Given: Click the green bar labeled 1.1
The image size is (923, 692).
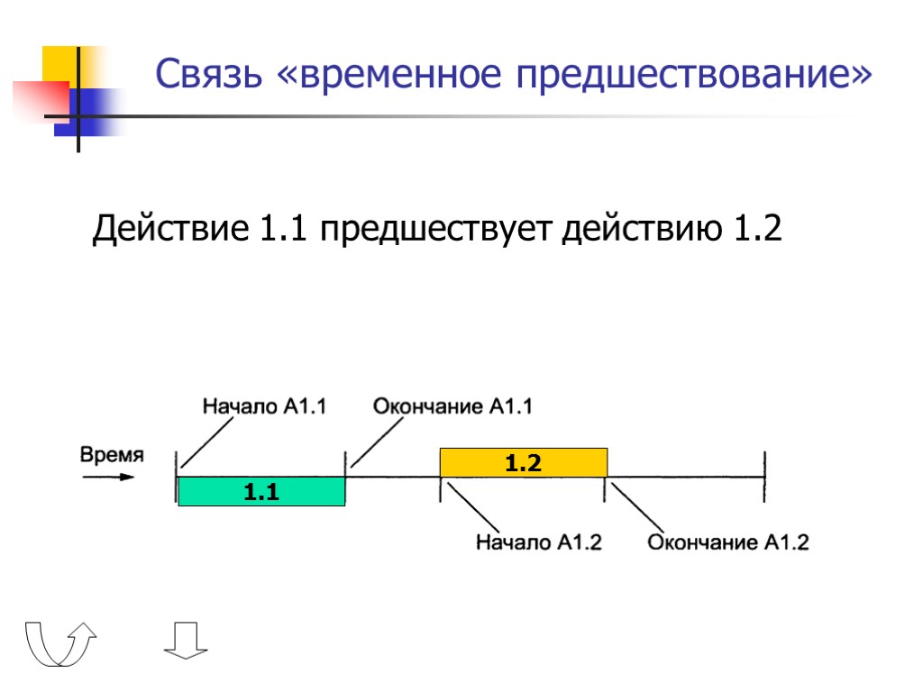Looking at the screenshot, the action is pos(261,492).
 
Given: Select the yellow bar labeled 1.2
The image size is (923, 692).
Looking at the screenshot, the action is pos(523,463).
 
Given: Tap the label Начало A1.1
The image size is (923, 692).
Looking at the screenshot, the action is pos(264,406).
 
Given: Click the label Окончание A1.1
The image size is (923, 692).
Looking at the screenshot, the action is pos(452,406).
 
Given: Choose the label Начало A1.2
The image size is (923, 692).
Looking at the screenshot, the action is pos(538,542).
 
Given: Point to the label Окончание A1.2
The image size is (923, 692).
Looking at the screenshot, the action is pos(728,542).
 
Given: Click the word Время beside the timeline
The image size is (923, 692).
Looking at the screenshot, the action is pos(112,455).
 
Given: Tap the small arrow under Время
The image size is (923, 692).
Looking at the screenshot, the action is pos(106,477).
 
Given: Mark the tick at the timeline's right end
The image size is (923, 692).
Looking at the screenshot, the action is pos(764,478).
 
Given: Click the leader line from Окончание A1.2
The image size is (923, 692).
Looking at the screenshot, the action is pos(637,510).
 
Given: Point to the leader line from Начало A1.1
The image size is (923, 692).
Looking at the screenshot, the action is pos(210,441).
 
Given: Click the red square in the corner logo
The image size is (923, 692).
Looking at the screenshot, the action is pos(41,99).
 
